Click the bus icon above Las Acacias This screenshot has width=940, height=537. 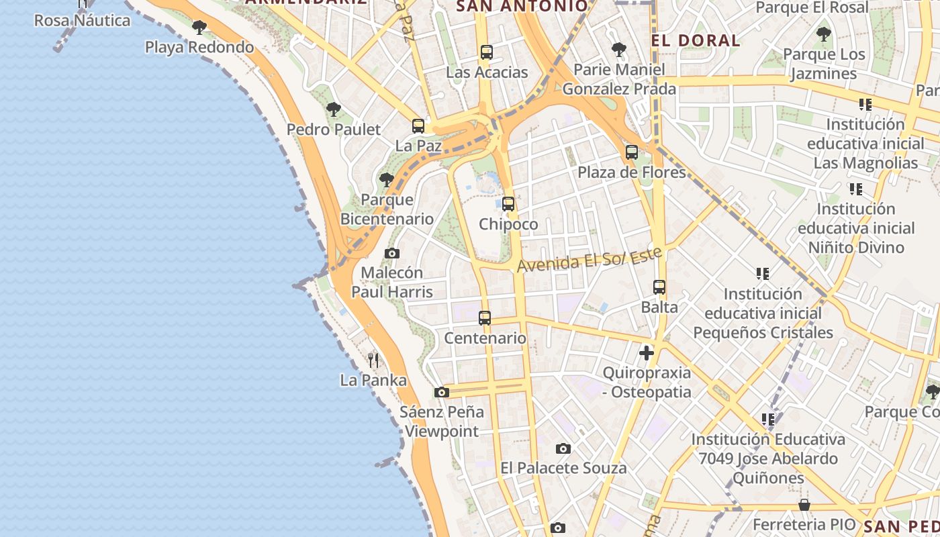[487, 52]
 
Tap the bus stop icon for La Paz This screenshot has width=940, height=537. [418, 126]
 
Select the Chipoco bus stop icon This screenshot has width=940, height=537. [508, 204]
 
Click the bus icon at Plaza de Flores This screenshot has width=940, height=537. [632, 152]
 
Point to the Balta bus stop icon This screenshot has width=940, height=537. [659, 287]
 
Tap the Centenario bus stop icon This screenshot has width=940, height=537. [485, 318]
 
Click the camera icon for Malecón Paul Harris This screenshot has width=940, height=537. [392, 253]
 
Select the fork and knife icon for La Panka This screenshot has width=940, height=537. [373, 360]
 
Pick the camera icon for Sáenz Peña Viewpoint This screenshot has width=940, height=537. [441, 392]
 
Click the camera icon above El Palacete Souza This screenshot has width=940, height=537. [563, 448]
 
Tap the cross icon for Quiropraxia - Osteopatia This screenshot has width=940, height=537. [647, 352]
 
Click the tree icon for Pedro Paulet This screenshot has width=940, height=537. [333, 109]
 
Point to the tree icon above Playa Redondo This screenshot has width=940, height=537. [199, 28]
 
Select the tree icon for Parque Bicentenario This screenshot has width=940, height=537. [386, 179]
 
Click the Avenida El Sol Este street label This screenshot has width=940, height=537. [589, 259]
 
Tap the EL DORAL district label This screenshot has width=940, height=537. [696, 40]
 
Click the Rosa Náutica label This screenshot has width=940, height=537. [83, 20]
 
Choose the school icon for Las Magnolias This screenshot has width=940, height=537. [865, 105]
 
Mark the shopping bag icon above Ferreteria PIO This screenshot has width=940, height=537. [804, 505]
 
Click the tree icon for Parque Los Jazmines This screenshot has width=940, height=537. [824, 34]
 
